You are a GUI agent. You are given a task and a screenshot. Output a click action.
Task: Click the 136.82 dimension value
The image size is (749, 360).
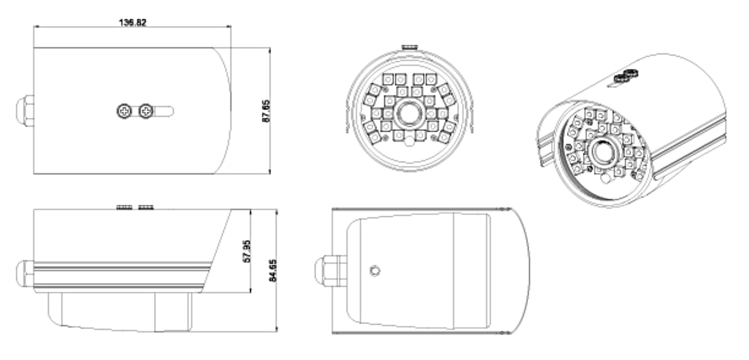point(133,22)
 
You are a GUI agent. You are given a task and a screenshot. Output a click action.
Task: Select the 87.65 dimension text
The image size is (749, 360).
point(266,111)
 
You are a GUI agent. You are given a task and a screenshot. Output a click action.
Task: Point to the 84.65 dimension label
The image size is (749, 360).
point(272,270)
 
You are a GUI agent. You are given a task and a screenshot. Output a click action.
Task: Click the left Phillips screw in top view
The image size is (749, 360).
point(125,111)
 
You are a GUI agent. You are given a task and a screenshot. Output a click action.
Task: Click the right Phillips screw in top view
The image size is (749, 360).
point(146,111)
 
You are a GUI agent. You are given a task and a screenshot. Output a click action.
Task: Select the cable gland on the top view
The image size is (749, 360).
point(26,111)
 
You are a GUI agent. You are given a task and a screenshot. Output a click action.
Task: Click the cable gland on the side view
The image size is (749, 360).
point(26,274)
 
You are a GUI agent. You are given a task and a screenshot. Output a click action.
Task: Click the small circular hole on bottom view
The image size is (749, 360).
point(375,271)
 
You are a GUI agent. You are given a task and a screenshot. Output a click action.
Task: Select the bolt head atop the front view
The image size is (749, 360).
point(409,47)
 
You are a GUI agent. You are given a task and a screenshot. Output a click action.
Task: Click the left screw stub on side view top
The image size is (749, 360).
point(124,207)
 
